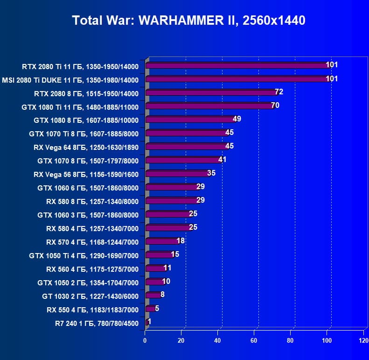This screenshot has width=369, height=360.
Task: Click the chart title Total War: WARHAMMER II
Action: [x=188, y=21]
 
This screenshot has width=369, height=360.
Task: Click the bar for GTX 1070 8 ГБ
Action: [x=182, y=160]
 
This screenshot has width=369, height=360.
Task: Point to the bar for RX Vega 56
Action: [x=177, y=174]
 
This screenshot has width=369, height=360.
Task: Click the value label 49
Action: [x=237, y=119]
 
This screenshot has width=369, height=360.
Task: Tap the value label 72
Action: [x=279, y=92]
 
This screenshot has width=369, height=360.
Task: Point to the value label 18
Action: [x=181, y=241]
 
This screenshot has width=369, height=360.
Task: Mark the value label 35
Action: [x=211, y=173]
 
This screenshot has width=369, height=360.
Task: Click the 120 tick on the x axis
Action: [x=363, y=340]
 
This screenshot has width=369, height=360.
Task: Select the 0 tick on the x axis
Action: [x=145, y=340]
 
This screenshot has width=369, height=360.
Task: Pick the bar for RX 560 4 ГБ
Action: [x=155, y=268]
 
